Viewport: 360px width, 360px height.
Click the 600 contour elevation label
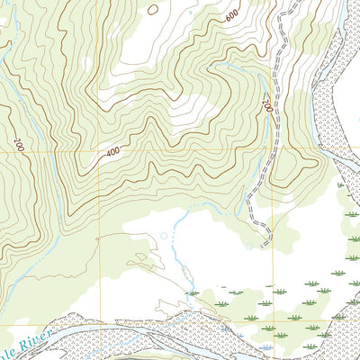click(x=232, y=16)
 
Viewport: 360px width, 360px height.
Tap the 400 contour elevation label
click(x=112, y=152)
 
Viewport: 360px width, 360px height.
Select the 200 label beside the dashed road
click(x=266, y=104)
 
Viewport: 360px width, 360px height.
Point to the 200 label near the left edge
click(x=18, y=143)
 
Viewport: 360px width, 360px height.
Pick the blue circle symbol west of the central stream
click(x=164, y=236)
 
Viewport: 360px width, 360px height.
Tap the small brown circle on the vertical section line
click(x=97, y=238)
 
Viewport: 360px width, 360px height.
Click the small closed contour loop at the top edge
click(x=152, y=9)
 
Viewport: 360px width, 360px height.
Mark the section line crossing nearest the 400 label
click(x=97, y=150)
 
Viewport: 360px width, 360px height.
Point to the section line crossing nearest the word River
click(x=97, y=321)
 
